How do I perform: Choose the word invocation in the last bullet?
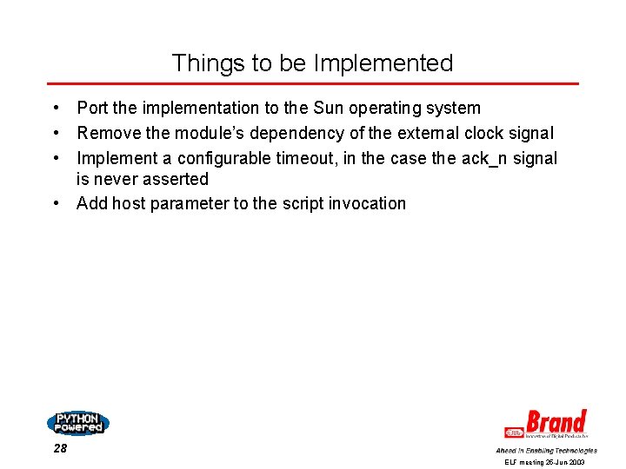coord(366,204)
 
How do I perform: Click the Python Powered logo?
coord(77,423)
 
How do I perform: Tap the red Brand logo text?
coord(556,423)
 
